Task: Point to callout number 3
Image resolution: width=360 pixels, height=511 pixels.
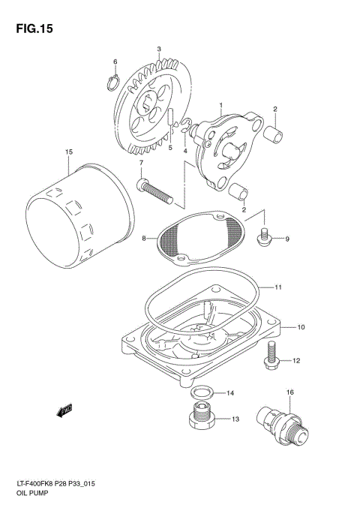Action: click(x=159, y=50)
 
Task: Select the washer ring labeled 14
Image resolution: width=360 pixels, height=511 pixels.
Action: click(x=201, y=392)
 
